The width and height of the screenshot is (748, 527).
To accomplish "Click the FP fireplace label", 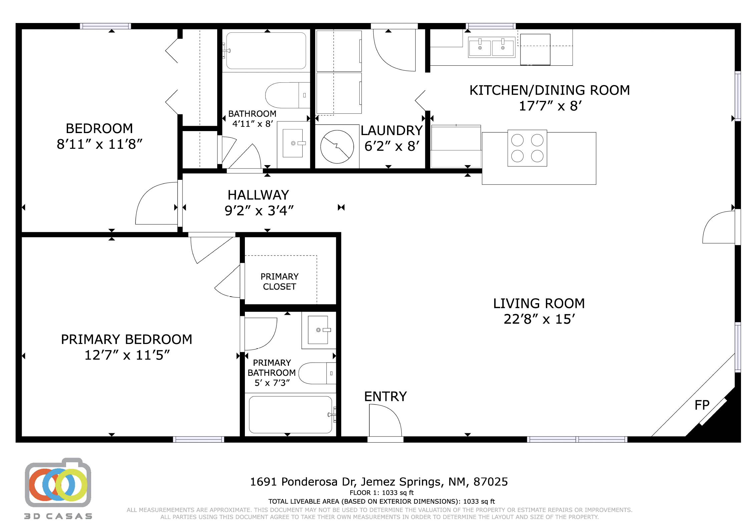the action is coord(702,405).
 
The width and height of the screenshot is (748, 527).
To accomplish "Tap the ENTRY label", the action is coord(385,397).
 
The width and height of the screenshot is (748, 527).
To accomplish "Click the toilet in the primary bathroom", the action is coord(317,373).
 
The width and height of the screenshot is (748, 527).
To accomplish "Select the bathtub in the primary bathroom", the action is coord(291,415).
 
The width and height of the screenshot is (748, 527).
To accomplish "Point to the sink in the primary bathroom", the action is coord(319,330).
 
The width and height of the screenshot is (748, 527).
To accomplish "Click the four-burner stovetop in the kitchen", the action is coord(527,148).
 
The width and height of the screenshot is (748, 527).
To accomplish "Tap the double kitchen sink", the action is coord(491,47).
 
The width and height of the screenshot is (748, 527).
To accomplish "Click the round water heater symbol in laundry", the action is coord(337,146).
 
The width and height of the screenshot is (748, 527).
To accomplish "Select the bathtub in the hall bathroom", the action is coord(266,51).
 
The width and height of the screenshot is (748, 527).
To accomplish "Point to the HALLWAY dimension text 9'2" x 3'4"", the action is coord(259,211).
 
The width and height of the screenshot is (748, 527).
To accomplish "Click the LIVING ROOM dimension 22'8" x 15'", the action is coord(539,319).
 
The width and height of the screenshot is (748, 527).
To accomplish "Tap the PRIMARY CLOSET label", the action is coord(280,282).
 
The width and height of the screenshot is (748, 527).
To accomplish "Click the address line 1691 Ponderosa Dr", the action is coord(379,482).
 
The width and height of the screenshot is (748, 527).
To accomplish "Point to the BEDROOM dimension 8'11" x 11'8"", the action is coord(99,144).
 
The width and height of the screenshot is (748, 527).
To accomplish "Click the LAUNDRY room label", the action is coord(392,130).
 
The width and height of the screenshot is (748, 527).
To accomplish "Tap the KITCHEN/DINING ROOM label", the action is coord(549,90).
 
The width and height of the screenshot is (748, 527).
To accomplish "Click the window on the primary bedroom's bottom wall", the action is coord(199,439).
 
